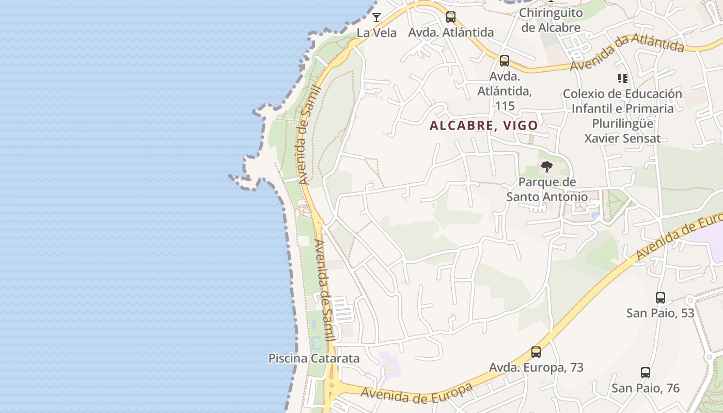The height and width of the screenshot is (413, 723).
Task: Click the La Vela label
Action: pyautogui.click(x=376, y=33)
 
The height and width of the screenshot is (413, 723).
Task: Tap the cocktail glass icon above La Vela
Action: pyautogui.click(x=376, y=18)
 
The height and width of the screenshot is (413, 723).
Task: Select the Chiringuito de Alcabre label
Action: pyautogui.click(x=551, y=20)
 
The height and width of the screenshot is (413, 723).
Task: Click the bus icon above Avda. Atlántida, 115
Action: pyautogui.click(x=505, y=61)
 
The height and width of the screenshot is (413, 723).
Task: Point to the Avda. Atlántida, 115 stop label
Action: pyautogui.click(x=505, y=91)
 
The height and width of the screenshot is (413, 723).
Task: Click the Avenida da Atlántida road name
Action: pyautogui.click(x=627, y=54)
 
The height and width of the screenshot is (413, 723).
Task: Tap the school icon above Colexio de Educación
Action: pyautogui.click(x=623, y=78)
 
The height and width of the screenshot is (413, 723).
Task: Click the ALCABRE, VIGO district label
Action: pyautogui.click(x=484, y=125)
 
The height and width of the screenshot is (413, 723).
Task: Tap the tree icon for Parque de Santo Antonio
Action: pyautogui.click(x=547, y=167)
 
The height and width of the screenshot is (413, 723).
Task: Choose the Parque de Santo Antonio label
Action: pyautogui.click(x=547, y=189)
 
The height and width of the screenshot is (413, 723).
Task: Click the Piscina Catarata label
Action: pyautogui.click(x=314, y=358)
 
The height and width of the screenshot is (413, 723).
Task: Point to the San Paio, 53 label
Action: pyautogui.click(x=660, y=313)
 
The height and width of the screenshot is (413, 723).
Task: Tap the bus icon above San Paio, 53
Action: pyautogui.click(x=660, y=298)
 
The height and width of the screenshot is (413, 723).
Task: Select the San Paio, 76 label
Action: pyautogui.click(x=646, y=388)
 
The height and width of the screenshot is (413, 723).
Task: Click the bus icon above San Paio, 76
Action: pyautogui.click(x=646, y=373)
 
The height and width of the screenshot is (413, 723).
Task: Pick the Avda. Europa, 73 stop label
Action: pyautogui.click(x=536, y=368)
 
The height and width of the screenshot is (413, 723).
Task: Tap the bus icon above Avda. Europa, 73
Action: pyautogui.click(x=536, y=352)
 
